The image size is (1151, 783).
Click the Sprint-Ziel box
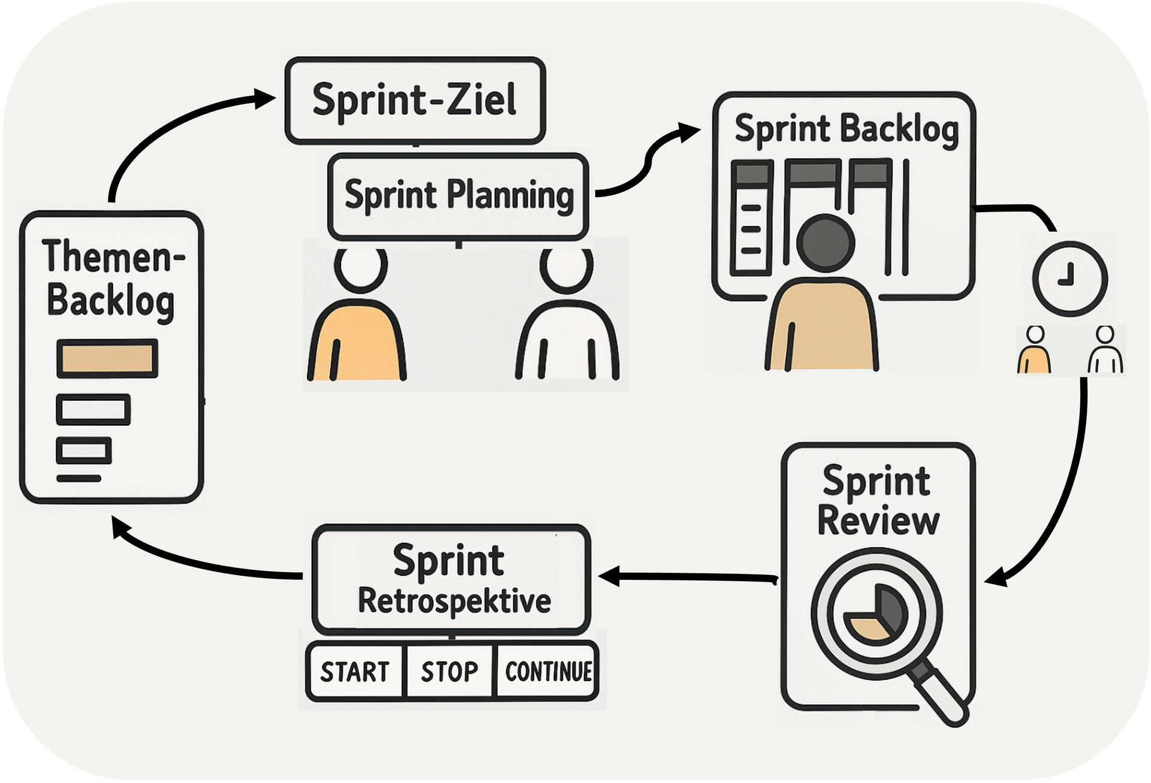click(x=414, y=101)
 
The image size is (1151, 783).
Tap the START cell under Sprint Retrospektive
click(x=355, y=672)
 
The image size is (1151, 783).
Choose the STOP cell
click(x=450, y=672)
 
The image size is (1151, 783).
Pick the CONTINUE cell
click(x=548, y=672)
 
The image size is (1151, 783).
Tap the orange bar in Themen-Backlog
click(x=107, y=358)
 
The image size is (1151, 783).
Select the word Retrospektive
click(x=454, y=601)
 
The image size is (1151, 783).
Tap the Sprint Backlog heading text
click(x=846, y=129)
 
